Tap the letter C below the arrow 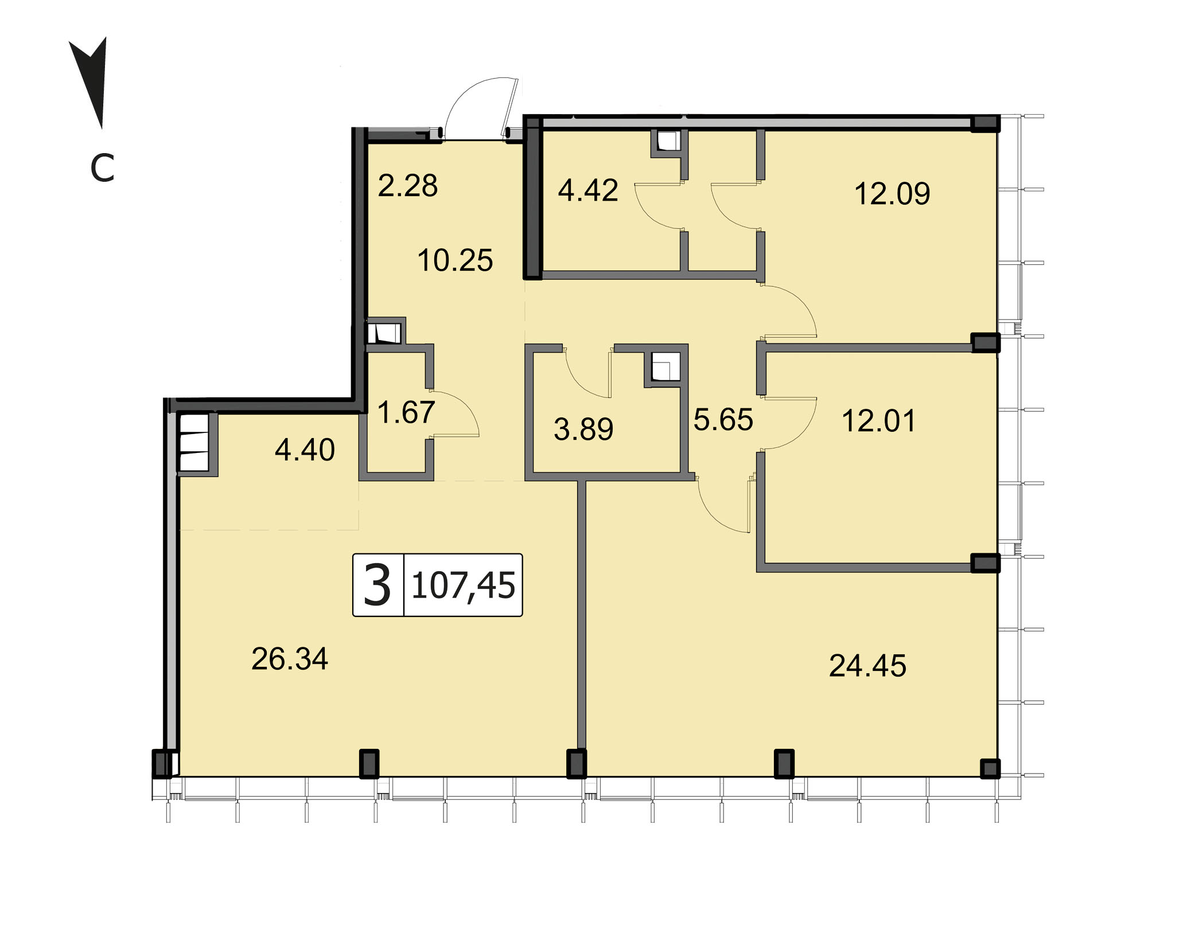[x=103, y=168]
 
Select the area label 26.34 [x=290, y=659]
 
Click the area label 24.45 [x=867, y=666]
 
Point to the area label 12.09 [x=892, y=193]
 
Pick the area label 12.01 [x=878, y=420]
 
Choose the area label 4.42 [x=588, y=190]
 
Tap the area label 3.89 [x=583, y=429]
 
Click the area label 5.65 [x=723, y=419]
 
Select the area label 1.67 [x=406, y=412]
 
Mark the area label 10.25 [x=455, y=260]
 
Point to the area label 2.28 [x=408, y=186]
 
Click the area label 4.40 [x=305, y=450]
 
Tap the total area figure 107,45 [x=464, y=586]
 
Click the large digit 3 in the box [x=377, y=585]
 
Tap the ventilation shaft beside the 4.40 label [x=194, y=443]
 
